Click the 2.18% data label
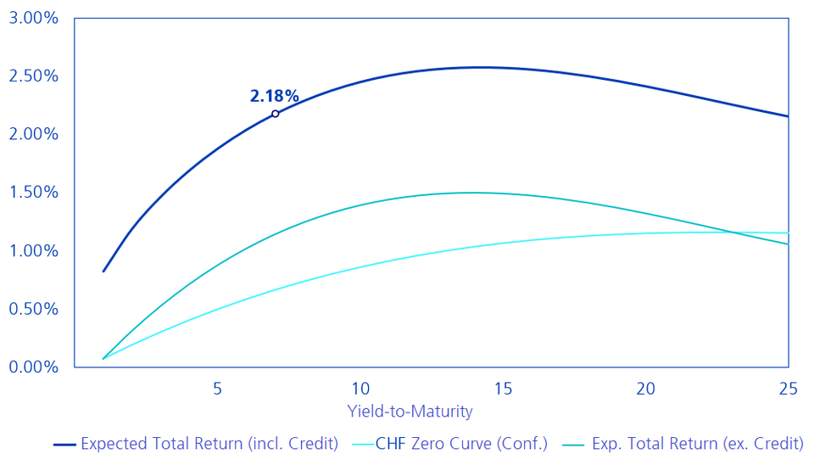(274, 96)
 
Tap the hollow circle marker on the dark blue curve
(275, 114)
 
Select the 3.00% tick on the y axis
(33, 18)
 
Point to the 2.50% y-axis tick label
(33, 76)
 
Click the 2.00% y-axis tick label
(33, 134)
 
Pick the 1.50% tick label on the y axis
(33, 193)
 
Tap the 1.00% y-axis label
(33, 251)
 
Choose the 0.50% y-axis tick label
(33, 309)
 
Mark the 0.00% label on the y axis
(33, 367)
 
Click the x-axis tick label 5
(217, 389)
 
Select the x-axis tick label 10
(360, 389)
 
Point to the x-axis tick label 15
(503, 389)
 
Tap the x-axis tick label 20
(646, 389)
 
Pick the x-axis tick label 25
(789, 389)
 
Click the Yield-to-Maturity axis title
(410, 412)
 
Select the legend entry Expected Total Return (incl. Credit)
(209, 444)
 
